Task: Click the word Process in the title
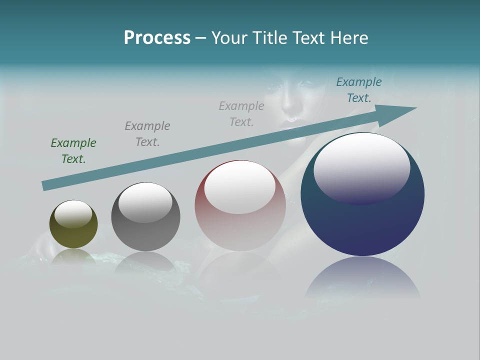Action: pos(157,38)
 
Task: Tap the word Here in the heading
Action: pos(348,38)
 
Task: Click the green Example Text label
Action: pos(73,151)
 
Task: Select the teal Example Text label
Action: pos(358,90)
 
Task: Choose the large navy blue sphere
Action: pos(362,220)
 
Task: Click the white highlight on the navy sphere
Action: pos(361,167)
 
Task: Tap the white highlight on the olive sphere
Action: pos(73,213)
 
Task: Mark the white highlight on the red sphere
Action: pos(239,187)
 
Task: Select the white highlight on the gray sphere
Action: pos(145,202)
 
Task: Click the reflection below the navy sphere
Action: pos(362,277)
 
